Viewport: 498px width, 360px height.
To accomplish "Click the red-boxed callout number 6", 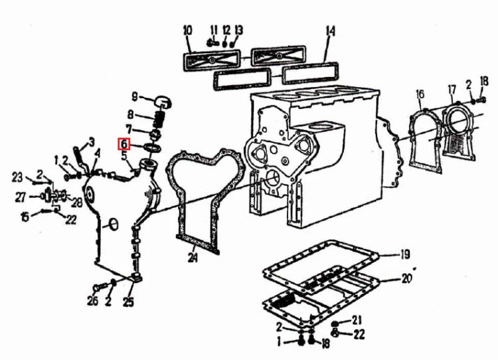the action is pyautogui.click(x=124, y=144).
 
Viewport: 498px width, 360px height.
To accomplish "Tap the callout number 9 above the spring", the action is pyautogui.click(x=135, y=96).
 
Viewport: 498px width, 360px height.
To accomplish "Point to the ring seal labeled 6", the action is pyautogui.click(x=152, y=147).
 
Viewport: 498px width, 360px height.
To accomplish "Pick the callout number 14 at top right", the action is pyautogui.click(x=330, y=32).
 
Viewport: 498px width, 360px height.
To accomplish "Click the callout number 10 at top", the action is pyautogui.click(x=188, y=31).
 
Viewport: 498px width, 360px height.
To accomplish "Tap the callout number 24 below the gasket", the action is pyautogui.click(x=193, y=257).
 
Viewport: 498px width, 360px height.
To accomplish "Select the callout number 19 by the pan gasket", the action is pyautogui.click(x=405, y=254).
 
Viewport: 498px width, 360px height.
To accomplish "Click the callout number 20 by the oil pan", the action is pyautogui.click(x=407, y=278).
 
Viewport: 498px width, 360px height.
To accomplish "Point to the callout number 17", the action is pyautogui.click(x=452, y=90).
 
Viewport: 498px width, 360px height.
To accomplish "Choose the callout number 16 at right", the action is pyautogui.click(x=420, y=94).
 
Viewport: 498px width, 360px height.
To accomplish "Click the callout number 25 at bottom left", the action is pyautogui.click(x=128, y=302).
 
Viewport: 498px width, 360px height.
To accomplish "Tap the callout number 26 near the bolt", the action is pyautogui.click(x=92, y=301).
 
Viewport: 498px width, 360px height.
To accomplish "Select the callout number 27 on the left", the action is pyautogui.click(x=21, y=198).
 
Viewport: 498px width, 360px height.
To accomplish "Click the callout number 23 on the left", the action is pyautogui.click(x=17, y=177).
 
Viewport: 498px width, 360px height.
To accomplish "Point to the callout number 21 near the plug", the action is pyautogui.click(x=357, y=320).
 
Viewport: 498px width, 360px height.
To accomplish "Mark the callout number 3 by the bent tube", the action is pyautogui.click(x=92, y=142).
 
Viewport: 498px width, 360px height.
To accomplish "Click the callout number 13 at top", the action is pyautogui.click(x=239, y=30).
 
